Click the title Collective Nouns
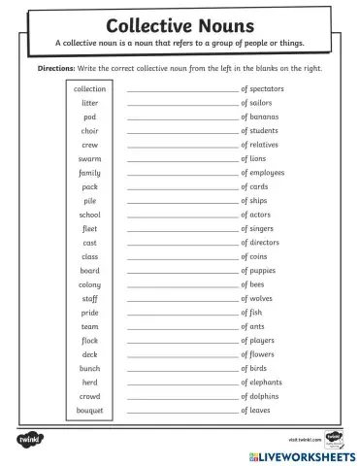click(x=180, y=24)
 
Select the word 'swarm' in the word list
click(x=89, y=158)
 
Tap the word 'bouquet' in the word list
click(x=89, y=411)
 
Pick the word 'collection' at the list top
click(x=89, y=88)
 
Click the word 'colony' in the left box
click(x=89, y=284)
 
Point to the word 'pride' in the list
click(x=89, y=313)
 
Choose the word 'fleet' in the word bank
click(x=89, y=228)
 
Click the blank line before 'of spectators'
click(x=181, y=90)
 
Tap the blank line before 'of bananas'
click(x=181, y=117)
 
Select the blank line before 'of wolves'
click(x=181, y=300)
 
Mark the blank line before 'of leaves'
click(x=181, y=413)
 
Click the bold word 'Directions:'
click(x=63, y=70)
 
